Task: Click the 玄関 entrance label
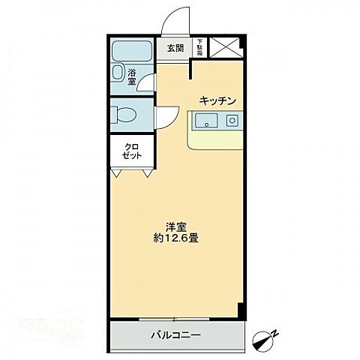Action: point(175,48)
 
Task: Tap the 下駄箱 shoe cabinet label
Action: point(199,47)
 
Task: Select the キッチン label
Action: point(218,100)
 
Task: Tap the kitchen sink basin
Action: point(205,120)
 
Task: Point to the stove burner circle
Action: point(233,120)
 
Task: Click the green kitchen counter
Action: point(217,139)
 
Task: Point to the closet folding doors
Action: point(129,172)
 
